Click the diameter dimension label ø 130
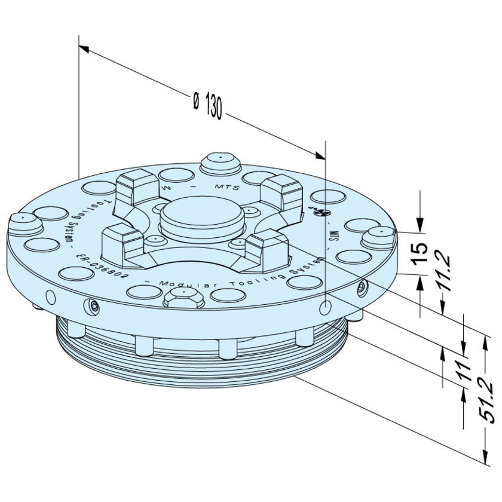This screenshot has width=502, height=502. (207, 105)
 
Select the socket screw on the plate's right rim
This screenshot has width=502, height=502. (361, 289)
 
